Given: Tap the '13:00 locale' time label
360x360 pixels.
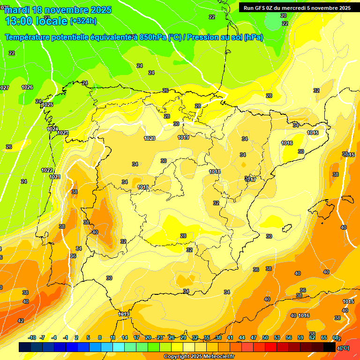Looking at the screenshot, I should [x=36, y=21].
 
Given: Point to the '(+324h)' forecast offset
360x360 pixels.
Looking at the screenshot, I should [x=83, y=21].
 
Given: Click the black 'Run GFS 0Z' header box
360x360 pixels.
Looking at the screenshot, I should [x=297, y=7].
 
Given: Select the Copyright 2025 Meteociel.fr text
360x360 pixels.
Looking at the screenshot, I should [x=199, y=357].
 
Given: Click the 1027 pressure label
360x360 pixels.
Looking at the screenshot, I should [x=4, y=88].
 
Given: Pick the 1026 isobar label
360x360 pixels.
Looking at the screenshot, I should [x=27, y=87].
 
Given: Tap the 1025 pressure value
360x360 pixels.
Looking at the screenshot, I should [x=47, y=105].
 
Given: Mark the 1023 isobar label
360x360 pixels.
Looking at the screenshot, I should [x=63, y=133].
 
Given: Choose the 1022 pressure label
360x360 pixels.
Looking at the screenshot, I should [x=47, y=170].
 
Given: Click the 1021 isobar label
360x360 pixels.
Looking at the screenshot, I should [x=55, y=177].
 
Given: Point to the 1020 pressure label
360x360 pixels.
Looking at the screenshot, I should [x=150, y=138].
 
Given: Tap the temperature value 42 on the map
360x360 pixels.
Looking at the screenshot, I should [x=21, y=321].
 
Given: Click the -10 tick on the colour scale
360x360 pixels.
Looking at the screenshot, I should [x=32, y=338].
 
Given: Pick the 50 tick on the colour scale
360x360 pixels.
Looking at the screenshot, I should [x=265, y=338].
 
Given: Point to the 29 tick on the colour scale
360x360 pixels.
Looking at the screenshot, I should [x=183, y=338].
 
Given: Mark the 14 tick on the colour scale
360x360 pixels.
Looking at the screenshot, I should [x=125, y=338].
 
